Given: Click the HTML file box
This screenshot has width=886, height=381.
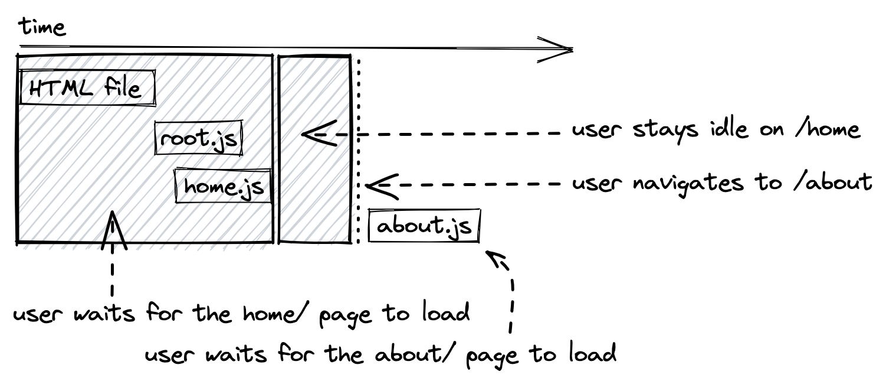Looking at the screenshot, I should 87,88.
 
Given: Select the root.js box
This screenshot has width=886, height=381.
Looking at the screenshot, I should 199,139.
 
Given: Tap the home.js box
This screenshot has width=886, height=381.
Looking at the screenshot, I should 223,186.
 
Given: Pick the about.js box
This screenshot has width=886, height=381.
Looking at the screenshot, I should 424,226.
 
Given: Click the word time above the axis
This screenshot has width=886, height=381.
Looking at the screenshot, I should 42,27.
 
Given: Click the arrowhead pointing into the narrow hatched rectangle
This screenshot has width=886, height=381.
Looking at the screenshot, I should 313,134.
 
